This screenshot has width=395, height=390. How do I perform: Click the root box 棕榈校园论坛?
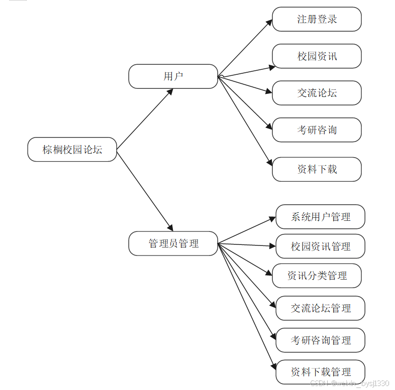tap(72, 150)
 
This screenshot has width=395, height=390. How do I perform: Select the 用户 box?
tap(173, 76)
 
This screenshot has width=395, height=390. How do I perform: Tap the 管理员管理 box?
tap(173, 243)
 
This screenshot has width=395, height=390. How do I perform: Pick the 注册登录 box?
tap(317, 19)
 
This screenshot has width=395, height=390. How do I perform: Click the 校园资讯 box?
tap(317, 56)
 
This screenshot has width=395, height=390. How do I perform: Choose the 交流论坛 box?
tap(317, 93)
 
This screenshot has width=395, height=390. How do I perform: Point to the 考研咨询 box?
tap(317, 130)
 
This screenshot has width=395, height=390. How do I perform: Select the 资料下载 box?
tap(317, 169)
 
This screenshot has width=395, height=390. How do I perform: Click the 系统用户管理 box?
tap(320, 217)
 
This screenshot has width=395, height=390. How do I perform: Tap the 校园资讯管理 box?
tap(320, 246)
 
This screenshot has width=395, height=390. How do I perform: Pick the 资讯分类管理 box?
tap(317, 276)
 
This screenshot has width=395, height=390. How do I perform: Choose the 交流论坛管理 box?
tap(320, 308)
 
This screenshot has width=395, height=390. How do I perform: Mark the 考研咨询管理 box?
tap(320, 340)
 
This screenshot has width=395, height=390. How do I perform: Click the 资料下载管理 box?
tap(320, 372)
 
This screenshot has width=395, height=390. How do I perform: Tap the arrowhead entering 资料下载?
tap(269, 163)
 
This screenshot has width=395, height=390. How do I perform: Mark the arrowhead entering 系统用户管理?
tap(273, 219)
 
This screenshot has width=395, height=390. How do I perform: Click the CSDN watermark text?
tap(350, 383)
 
